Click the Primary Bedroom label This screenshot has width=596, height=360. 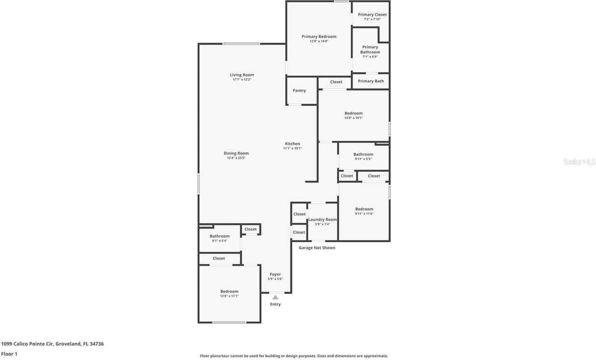click(318, 36)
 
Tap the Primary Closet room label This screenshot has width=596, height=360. click(372, 14)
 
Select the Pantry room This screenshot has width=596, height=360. click(299, 90)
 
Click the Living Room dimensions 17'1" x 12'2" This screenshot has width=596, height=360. click(242, 80)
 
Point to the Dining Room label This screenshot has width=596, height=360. click(236, 153)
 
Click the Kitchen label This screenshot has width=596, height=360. click(292, 143)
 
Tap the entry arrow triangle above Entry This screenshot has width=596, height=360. click(275, 297)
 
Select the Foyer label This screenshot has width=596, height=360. click(275, 274)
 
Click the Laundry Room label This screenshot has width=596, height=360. click(322, 219)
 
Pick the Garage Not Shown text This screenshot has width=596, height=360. click(317, 248)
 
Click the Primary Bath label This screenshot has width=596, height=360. click(371, 81)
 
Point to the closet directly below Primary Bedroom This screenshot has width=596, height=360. click(336, 82)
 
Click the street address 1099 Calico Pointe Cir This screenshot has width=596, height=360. click(52, 344)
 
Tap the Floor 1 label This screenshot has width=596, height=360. click(9, 354)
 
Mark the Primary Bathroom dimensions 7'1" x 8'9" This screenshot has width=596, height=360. click(370, 57)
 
